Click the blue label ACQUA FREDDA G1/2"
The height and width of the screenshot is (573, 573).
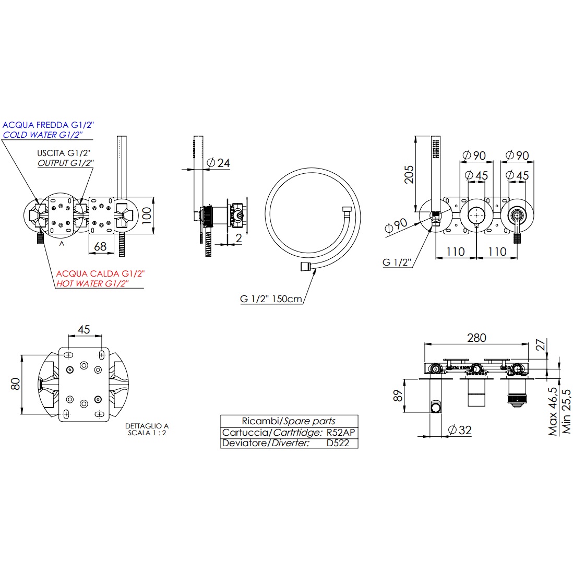[49, 125]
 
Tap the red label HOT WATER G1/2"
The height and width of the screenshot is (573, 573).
[92, 283]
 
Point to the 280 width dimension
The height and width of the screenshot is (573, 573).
[476, 338]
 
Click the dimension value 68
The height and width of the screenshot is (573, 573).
[101, 246]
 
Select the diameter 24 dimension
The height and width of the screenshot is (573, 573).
[218, 163]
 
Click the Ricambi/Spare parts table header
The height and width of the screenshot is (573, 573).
[289, 421]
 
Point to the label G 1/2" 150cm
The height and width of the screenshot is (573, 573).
[271, 299]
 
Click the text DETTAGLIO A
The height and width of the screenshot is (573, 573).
[147, 426]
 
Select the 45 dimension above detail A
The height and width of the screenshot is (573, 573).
[83, 330]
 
